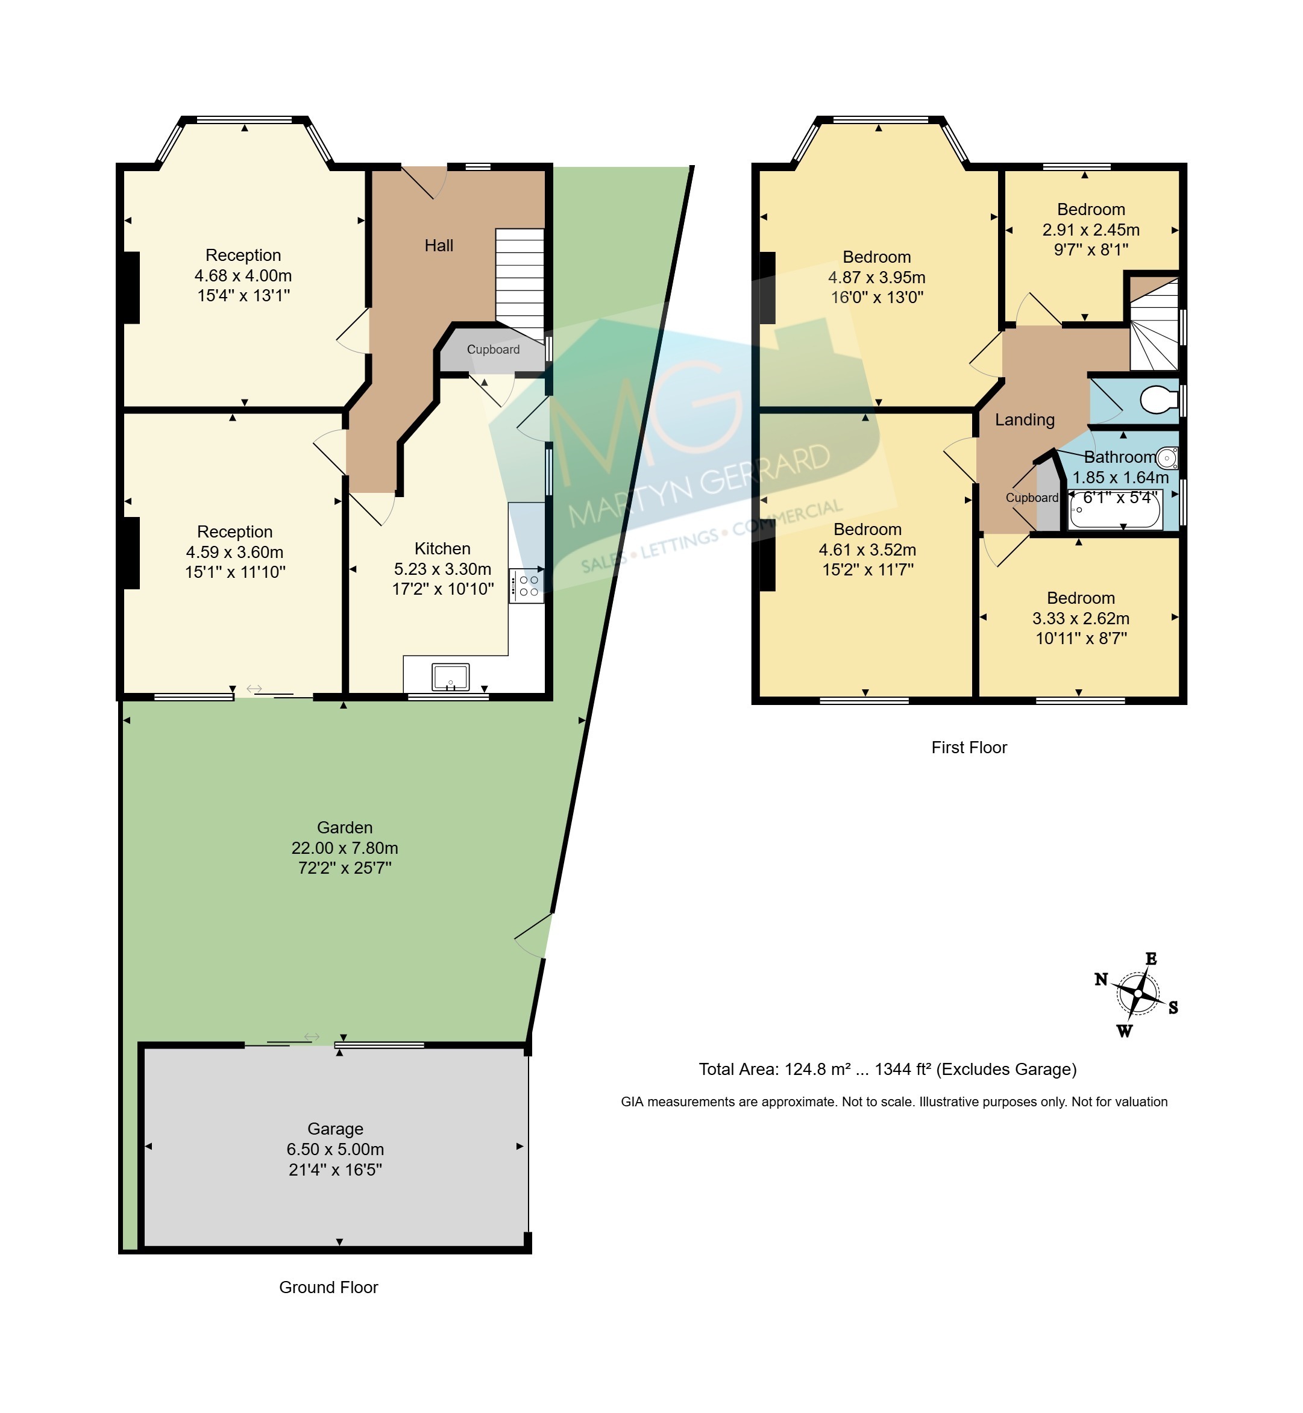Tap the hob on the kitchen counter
(x=526, y=586)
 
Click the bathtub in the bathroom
(x=1115, y=509)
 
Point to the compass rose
(x=1137, y=994)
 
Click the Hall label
(x=439, y=245)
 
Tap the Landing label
(x=1025, y=420)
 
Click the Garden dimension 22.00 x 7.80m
(x=345, y=848)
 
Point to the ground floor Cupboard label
(x=493, y=349)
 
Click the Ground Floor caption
(x=328, y=1288)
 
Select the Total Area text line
(x=888, y=1070)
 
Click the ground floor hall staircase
(x=520, y=285)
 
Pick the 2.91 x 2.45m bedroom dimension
(x=1091, y=230)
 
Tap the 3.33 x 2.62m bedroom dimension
(x=1081, y=618)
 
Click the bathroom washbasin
(x=1167, y=459)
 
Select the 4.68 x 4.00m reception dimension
(x=243, y=276)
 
